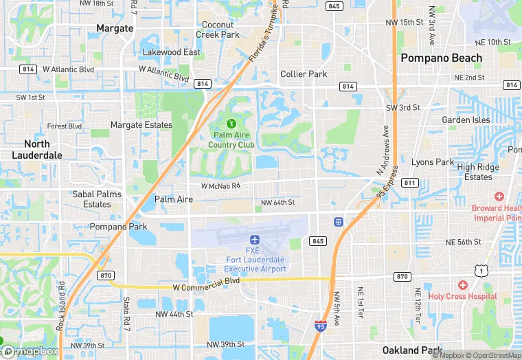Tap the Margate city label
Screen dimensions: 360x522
pos(115,28)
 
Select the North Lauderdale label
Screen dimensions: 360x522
pos(37,149)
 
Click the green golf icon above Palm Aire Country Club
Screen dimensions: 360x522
pos(231,124)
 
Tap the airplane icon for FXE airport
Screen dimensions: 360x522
pos(255,239)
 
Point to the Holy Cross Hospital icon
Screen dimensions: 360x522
pos(462,285)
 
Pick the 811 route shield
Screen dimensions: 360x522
pos(410,183)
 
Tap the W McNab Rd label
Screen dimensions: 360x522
pos(220,185)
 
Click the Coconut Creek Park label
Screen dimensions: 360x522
pos(217,30)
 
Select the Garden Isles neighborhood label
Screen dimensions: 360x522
pos(466,120)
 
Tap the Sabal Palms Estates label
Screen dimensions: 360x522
pos(97,199)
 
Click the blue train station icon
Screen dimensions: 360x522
pos(338,222)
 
